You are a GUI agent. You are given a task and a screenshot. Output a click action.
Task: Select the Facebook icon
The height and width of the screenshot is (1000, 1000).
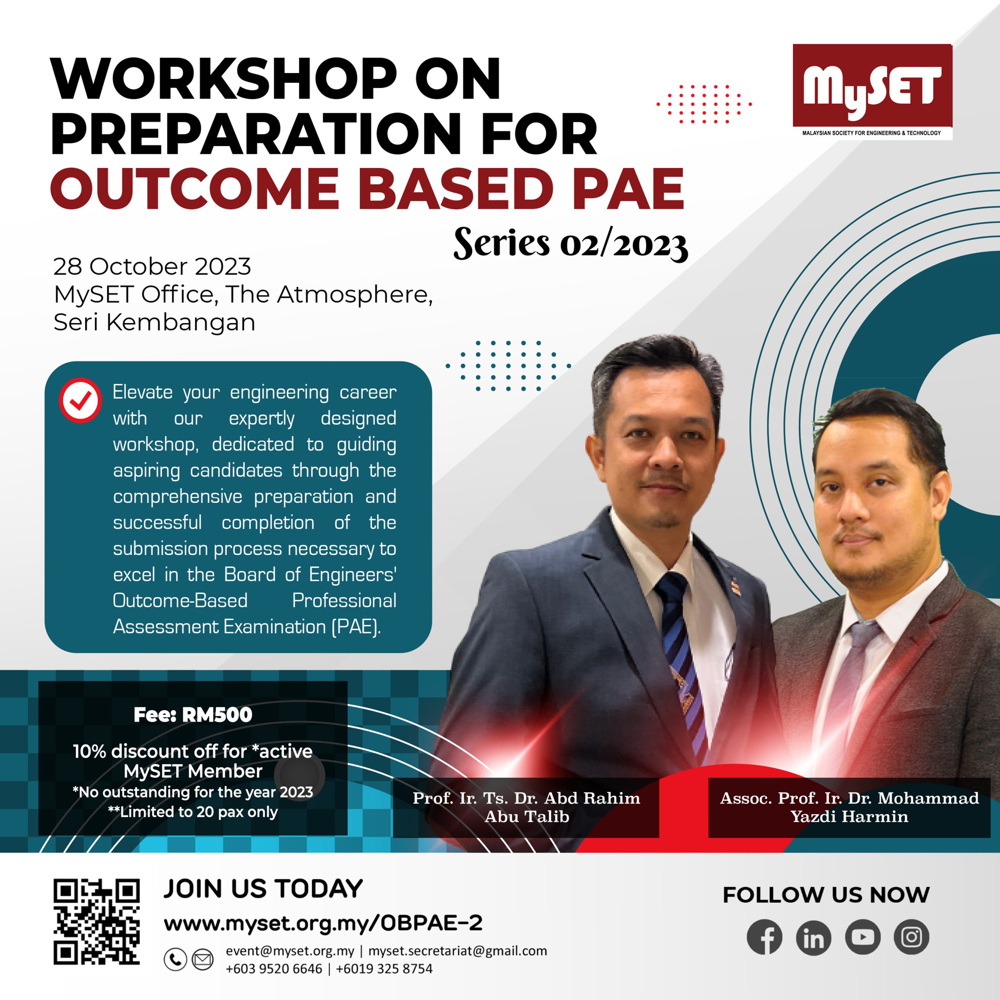pos(764,937)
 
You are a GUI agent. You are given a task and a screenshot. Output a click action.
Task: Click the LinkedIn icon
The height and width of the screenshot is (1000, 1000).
pos(813,937)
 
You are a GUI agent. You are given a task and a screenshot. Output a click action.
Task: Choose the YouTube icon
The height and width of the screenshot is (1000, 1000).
pos(862,937)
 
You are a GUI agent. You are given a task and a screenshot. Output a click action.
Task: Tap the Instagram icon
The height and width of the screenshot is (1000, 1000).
pos(911,937)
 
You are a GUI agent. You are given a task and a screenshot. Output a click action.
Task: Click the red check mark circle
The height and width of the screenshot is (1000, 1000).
pos(80,400)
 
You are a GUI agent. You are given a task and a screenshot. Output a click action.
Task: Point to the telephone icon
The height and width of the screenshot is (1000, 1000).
pos(175,959)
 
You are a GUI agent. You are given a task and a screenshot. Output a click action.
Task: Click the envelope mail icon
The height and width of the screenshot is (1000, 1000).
pos(202,959)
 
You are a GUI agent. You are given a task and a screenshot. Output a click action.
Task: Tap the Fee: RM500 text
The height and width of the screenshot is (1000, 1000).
pos(193,715)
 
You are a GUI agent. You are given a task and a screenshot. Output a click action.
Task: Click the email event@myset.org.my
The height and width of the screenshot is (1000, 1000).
pos(290,951)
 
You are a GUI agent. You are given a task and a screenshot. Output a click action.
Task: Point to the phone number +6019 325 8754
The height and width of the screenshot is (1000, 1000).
pos(384,969)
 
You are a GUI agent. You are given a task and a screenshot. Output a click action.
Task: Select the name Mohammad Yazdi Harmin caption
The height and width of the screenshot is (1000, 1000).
pos(849,807)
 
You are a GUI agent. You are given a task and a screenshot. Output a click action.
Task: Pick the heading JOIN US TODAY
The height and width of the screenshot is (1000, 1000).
pos(263,889)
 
